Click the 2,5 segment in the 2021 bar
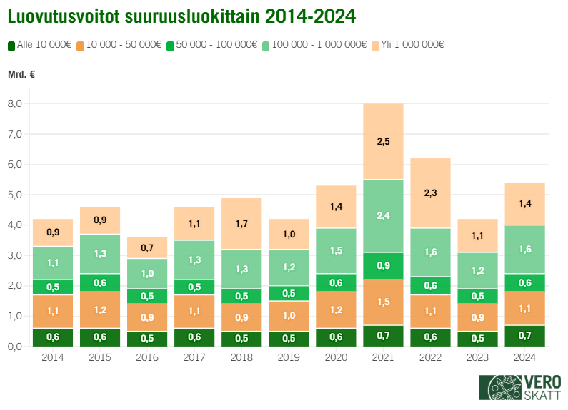click(384, 141)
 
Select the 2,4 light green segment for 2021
click(384, 216)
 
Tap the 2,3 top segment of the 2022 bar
click(431, 193)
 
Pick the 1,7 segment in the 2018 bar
click(242, 223)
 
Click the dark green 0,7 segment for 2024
click(525, 336)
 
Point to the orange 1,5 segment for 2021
click(384, 302)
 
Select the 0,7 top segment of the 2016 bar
click(147, 247)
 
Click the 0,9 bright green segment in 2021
click(384, 266)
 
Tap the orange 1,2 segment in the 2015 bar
click(100, 311)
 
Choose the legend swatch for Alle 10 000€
click(11, 45)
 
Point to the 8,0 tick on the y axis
click(14, 104)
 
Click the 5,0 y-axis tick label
click(14, 195)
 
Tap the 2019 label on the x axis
click(289, 357)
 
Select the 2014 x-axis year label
click(53, 357)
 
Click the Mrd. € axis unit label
click(21, 74)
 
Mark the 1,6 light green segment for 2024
click(525, 250)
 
